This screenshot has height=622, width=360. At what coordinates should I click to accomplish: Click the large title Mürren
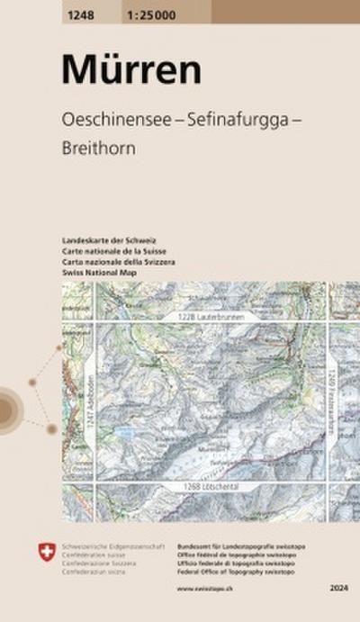[x=120, y=68]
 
